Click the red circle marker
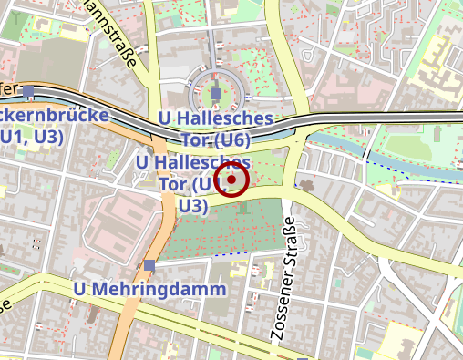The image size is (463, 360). pos(232,180)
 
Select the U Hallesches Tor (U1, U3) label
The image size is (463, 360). pos(192,183)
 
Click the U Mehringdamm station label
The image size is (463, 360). pos(149,288)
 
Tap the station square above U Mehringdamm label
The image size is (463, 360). pos(149,265)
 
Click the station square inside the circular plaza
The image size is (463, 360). pos(216,94)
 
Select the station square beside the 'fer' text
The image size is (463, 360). pos(30,91)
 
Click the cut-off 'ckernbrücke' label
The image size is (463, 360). pos(55,116)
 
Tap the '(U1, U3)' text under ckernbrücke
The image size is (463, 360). pos(32,137)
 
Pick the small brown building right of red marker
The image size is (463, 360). pos(305,186)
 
